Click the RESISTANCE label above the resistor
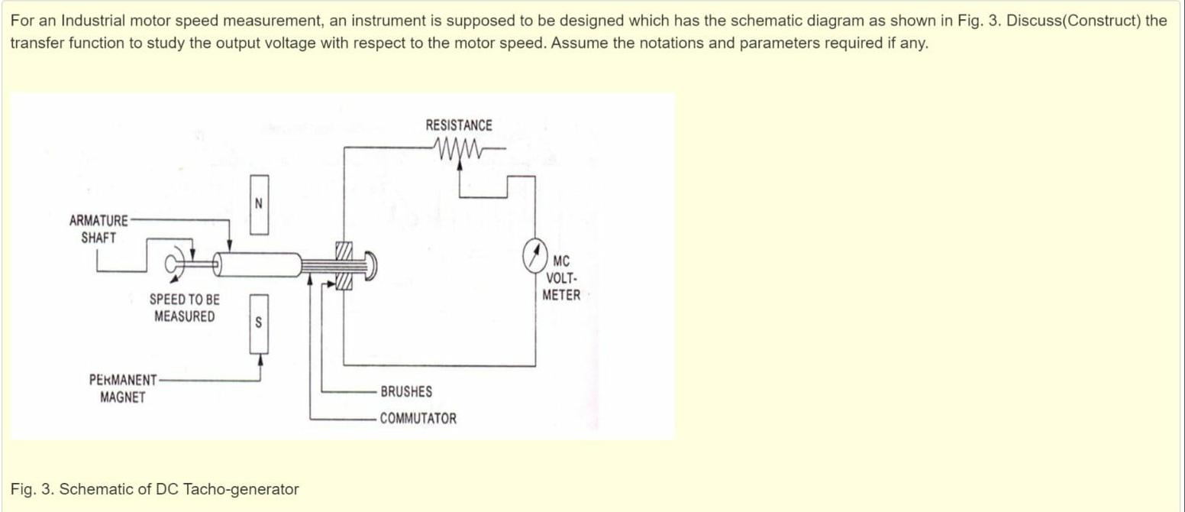[x=459, y=125]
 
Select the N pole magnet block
[x=259, y=204]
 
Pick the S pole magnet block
[x=259, y=324]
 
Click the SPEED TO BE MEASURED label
[x=184, y=308]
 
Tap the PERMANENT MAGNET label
[x=123, y=388]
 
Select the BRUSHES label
[x=406, y=391]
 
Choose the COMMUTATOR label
[x=418, y=419]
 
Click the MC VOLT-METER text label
[x=561, y=278]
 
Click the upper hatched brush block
[x=344, y=250]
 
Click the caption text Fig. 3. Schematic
[x=155, y=489]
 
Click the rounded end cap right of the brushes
[x=370, y=264]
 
